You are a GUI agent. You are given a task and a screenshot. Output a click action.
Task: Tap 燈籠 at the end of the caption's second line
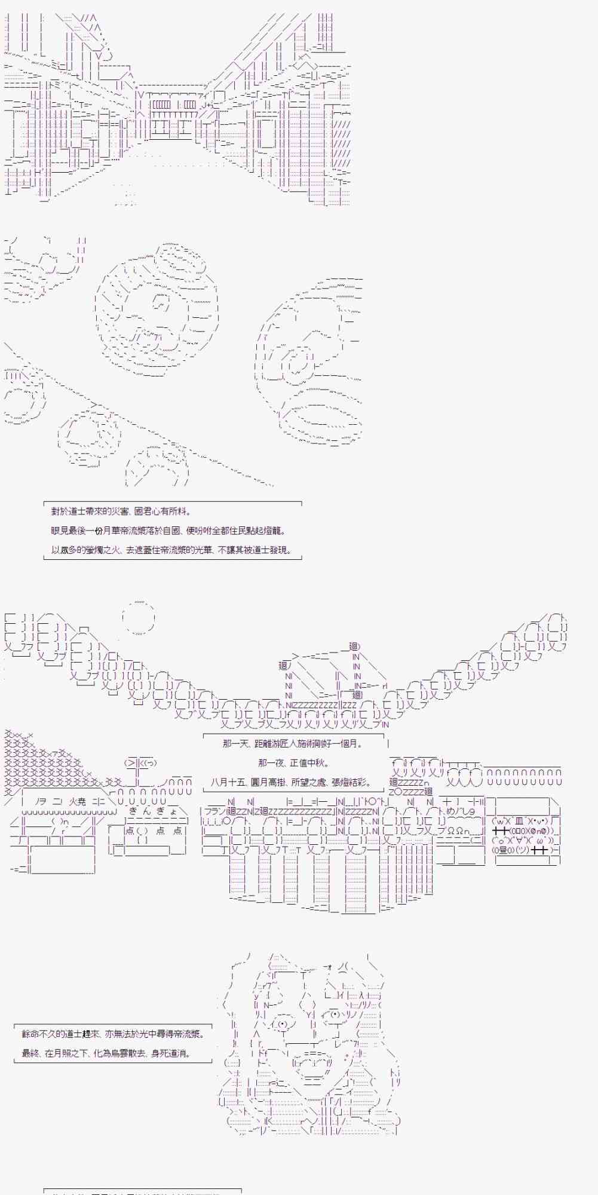(275, 531)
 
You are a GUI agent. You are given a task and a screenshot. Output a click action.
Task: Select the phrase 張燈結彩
(351, 782)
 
